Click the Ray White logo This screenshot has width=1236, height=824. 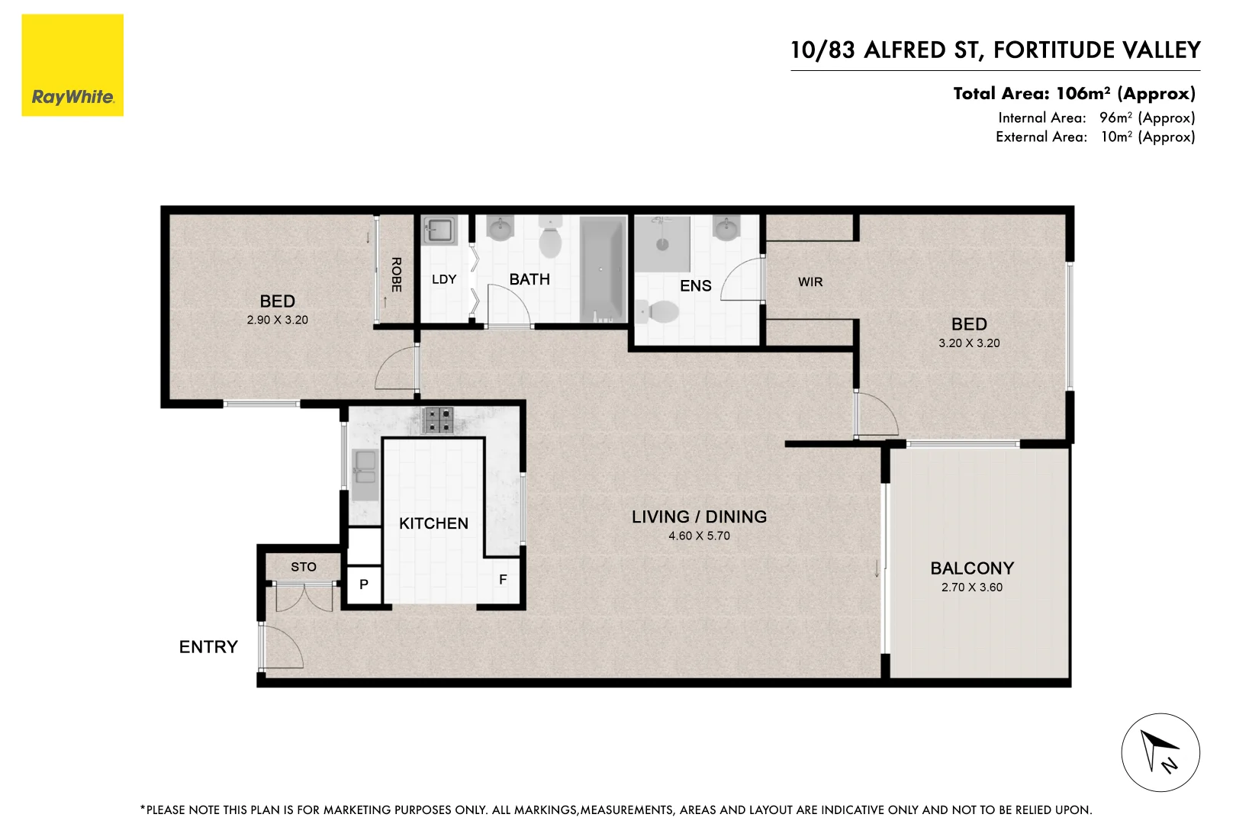click(72, 66)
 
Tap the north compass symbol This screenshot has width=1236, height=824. click(1160, 752)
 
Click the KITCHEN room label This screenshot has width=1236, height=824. click(433, 523)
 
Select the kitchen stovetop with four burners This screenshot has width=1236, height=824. click(438, 420)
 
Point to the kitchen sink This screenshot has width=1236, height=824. click(364, 466)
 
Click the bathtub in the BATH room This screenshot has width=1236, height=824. click(603, 269)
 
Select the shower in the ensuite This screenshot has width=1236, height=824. click(662, 243)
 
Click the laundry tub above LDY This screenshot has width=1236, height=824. click(439, 230)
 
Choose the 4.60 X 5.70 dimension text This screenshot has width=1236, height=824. click(699, 536)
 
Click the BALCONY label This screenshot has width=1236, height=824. click(972, 568)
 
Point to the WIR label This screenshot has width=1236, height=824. click(810, 282)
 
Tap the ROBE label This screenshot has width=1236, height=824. click(396, 275)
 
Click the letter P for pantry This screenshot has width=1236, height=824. click(364, 584)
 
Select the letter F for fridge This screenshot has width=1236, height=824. click(503, 580)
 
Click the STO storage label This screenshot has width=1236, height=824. click(303, 567)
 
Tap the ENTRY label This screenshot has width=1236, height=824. click(208, 647)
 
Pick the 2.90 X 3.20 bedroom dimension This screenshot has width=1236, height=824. click(277, 320)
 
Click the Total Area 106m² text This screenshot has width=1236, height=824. click(1073, 94)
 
